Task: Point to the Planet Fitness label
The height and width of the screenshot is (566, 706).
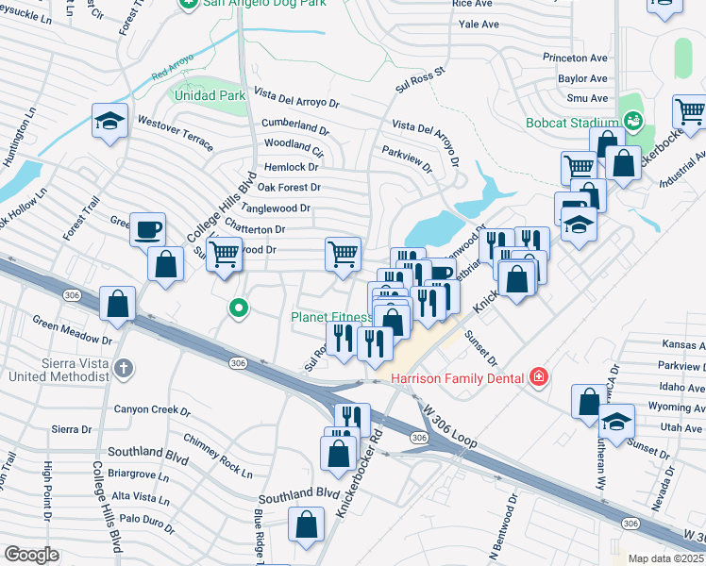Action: coord(330,318)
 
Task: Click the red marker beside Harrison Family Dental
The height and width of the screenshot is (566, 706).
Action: coord(539,377)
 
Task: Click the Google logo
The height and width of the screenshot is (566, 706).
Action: coord(32,555)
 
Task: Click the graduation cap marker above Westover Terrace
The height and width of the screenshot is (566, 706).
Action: coord(110,121)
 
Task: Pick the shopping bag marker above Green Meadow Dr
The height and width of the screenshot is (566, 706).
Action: coord(118,304)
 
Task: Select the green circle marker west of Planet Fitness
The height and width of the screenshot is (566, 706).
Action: coord(240,307)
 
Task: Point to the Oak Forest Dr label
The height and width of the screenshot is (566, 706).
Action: coord(289,188)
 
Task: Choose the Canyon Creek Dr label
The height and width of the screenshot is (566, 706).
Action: coord(152,410)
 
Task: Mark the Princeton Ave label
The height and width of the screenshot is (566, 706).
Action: coord(575,58)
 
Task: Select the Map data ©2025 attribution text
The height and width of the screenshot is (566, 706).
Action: coord(666,558)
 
